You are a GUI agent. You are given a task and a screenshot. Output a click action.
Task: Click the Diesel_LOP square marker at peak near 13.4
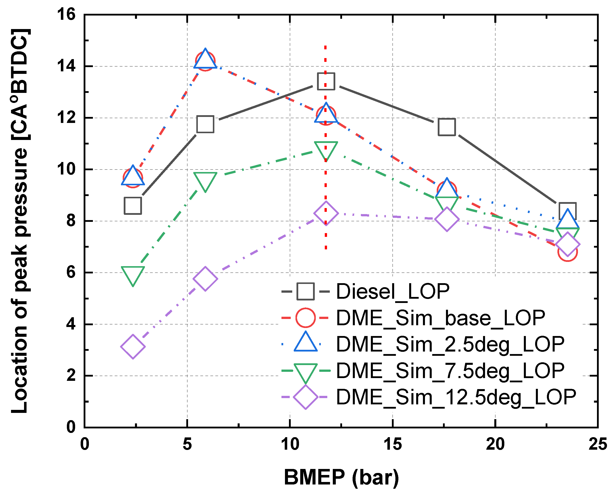(x=326, y=81)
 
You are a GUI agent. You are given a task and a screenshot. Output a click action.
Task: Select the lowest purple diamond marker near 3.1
(x=133, y=347)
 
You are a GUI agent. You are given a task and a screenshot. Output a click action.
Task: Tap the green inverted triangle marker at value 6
(x=133, y=274)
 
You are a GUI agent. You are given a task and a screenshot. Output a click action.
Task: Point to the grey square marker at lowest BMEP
(x=133, y=206)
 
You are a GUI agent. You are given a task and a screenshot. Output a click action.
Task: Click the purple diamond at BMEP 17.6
(x=446, y=219)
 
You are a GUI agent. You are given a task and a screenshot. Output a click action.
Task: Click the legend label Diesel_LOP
(x=393, y=291)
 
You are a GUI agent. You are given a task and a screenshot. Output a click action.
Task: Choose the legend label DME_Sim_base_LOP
(x=441, y=318)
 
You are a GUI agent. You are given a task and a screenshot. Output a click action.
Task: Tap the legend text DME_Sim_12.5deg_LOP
(x=456, y=397)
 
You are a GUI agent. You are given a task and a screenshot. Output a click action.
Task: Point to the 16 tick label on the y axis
(x=66, y=14)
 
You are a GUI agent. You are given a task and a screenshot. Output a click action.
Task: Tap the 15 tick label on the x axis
(x=392, y=444)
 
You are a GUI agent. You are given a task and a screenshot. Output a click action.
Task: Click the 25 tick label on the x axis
(x=598, y=444)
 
